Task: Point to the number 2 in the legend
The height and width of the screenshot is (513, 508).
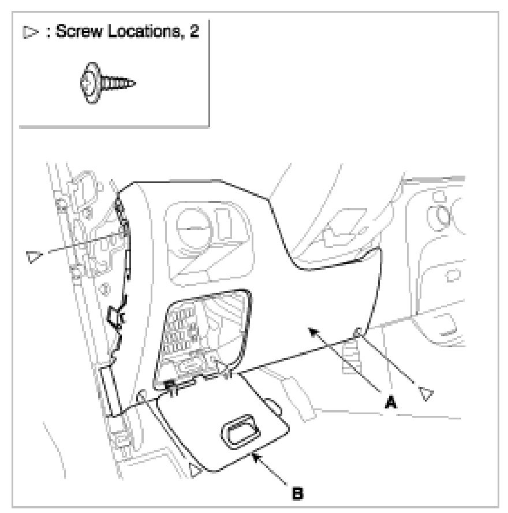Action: (x=193, y=32)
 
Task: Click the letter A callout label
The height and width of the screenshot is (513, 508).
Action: (x=391, y=404)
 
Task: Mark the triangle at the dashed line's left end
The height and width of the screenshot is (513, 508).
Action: (x=32, y=255)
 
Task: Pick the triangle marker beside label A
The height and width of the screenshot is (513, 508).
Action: (x=427, y=395)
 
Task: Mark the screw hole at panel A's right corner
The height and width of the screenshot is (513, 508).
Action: (x=358, y=333)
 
